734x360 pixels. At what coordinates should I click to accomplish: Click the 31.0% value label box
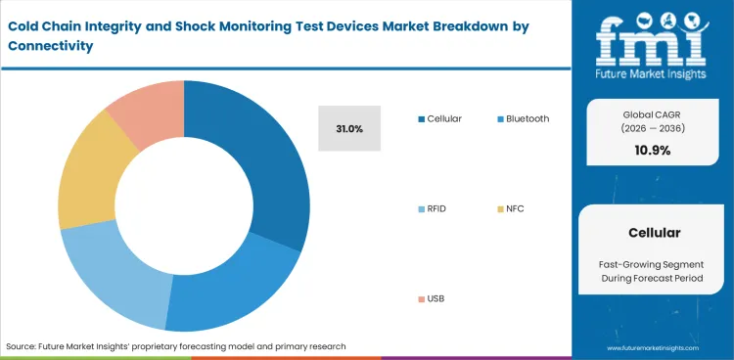coord(348,128)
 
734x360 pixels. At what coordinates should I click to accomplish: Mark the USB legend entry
coord(436,298)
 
